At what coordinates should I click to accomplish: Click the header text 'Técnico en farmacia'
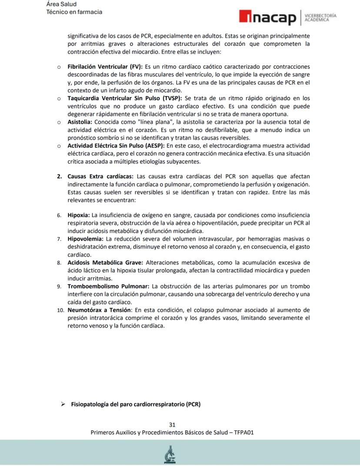[x=74, y=12]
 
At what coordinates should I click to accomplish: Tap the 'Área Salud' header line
[x=61, y=4]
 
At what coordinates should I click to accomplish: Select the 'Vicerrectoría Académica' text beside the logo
[x=320, y=17]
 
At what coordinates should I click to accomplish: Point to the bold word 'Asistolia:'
[x=80, y=122]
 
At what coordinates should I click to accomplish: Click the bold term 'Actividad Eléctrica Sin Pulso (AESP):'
[x=116, y=145]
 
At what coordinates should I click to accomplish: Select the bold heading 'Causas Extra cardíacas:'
[x=100, y=176]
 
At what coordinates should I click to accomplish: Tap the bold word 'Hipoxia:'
[x=78, y=215]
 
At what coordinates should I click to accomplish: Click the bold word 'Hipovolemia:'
[x=85, y=239]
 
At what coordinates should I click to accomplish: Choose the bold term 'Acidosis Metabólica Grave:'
[x=105, y=262]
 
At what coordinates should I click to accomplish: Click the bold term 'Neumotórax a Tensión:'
[x=99, y=310]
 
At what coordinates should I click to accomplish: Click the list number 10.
[x=60, y=310]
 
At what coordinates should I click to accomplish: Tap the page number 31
[x=172, y=425]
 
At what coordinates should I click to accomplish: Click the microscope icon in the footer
[x=170, y=455]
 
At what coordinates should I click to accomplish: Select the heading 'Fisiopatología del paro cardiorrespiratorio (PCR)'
[x=136, y=404]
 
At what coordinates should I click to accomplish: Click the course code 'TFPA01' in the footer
[x=244, y=432]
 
